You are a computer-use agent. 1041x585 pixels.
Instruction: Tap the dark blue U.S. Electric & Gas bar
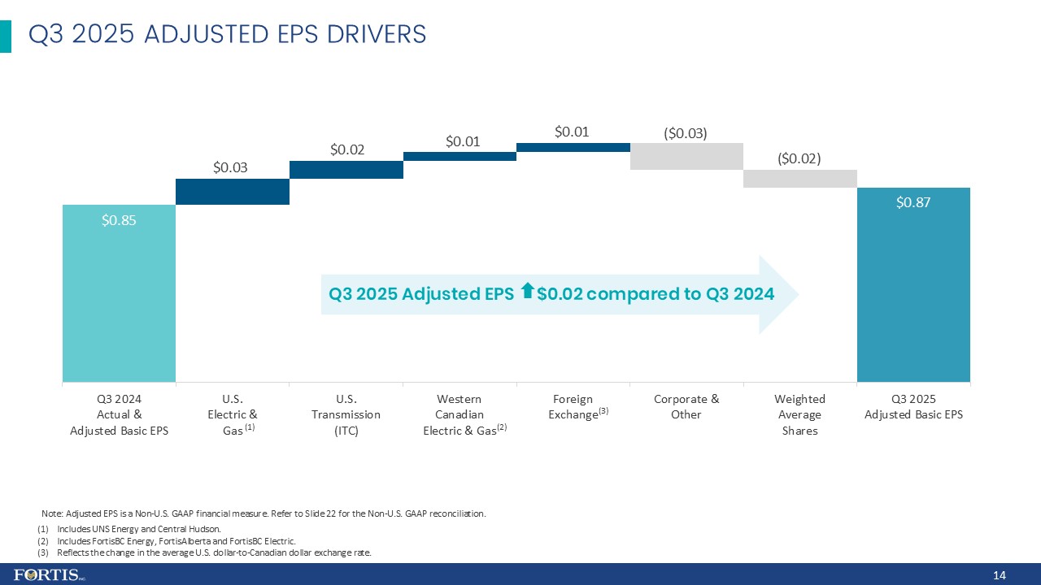(233, 191)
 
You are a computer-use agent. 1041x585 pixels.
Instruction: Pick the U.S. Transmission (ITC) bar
(346, 169)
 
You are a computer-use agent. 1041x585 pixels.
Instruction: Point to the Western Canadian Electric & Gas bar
(460, 156)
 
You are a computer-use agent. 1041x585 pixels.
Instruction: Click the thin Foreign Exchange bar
(573, 147)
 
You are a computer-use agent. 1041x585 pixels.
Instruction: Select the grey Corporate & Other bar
(686, 156)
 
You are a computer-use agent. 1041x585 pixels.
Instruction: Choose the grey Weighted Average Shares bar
(800, 178)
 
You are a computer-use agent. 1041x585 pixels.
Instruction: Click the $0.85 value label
(119, 219)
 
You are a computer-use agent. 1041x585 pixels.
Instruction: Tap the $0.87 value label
(913, 202)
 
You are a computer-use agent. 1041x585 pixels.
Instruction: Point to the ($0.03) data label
(686, 132)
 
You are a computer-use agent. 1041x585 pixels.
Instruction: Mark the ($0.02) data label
(799, 158)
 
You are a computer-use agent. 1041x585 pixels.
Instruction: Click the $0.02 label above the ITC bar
(347, 149)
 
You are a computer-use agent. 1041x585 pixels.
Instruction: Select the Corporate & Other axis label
(686, 406)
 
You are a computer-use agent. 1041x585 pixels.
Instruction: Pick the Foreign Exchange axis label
(577, 406)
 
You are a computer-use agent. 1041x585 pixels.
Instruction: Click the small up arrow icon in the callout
(527, 290)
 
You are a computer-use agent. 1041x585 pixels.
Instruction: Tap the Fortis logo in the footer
(50, 575)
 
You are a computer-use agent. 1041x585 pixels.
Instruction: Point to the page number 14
(1000, 575)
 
